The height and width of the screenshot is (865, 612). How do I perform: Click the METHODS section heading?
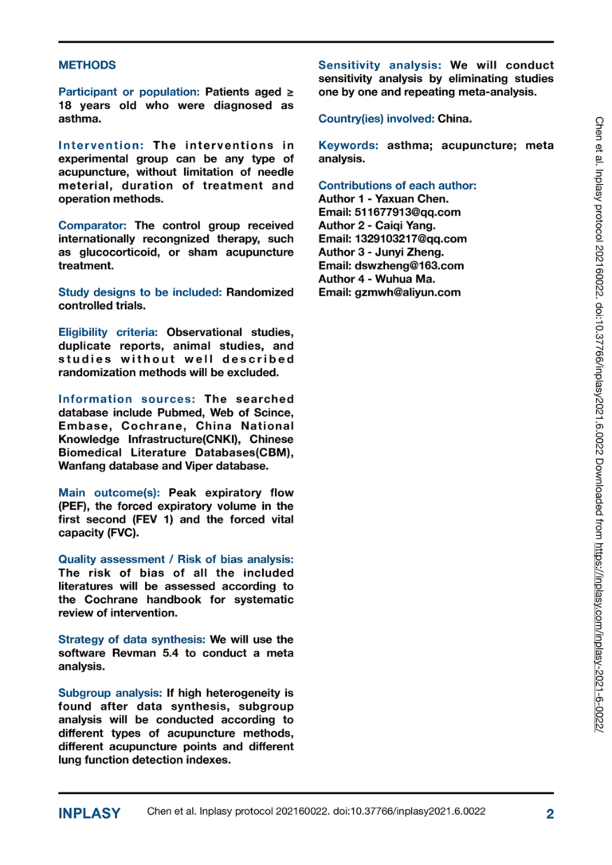[87, 65]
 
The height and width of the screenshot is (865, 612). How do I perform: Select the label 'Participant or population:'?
[129, 92]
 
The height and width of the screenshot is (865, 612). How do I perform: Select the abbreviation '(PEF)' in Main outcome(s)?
[74, 506]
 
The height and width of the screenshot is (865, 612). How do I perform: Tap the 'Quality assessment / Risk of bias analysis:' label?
[175, 559]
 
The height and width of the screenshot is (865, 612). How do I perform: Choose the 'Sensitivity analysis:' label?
[379, 65]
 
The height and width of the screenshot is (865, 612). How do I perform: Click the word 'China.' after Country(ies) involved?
[455, 119]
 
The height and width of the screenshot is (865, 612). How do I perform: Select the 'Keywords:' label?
[348, 146]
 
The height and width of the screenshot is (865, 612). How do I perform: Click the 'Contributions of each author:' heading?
[397, 186]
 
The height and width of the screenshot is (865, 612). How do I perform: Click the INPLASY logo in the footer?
[89, 813]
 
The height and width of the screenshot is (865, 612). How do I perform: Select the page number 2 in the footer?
[549, 813]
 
